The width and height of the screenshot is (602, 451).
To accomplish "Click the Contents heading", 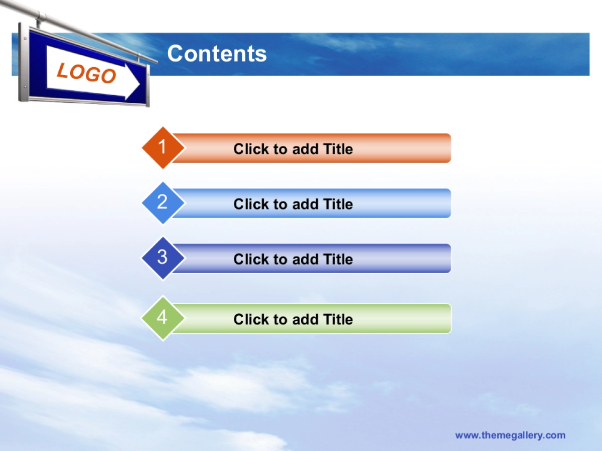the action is pyautogui.click(x=217, y=54).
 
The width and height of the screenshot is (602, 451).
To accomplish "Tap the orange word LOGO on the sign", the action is pyautogui.click(x=87, y=73).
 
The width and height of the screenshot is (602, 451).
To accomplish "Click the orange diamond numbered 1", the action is pyautogui.click(x=163, y=148).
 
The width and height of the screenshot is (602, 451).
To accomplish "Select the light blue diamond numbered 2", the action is pyautogui.click(x=163, y=203).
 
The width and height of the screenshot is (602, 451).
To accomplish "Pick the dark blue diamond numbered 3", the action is pyautogui.click(x=163, y=258).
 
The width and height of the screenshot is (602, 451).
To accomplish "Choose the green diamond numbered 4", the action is pyautogui.click(x=163, y=318).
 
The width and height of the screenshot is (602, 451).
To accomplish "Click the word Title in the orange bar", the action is pyautogui.click(x=338, y=149).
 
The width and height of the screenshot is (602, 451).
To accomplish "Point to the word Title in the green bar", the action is pyautogui.click(x=338, y=319).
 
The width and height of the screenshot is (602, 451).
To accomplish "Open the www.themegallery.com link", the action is pyautogui.click(x=510, y=435).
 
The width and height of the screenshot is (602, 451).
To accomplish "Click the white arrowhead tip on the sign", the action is pyautogui.click(x=140, y=84).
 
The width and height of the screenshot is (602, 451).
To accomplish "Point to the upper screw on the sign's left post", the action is pyautogui.click(x=25, y=39).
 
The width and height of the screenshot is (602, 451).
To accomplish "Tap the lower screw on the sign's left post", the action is pyautogui.click(x=25, y=87).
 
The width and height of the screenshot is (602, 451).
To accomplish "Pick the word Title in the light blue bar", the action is pyautogui.click(x=338, y=204).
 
